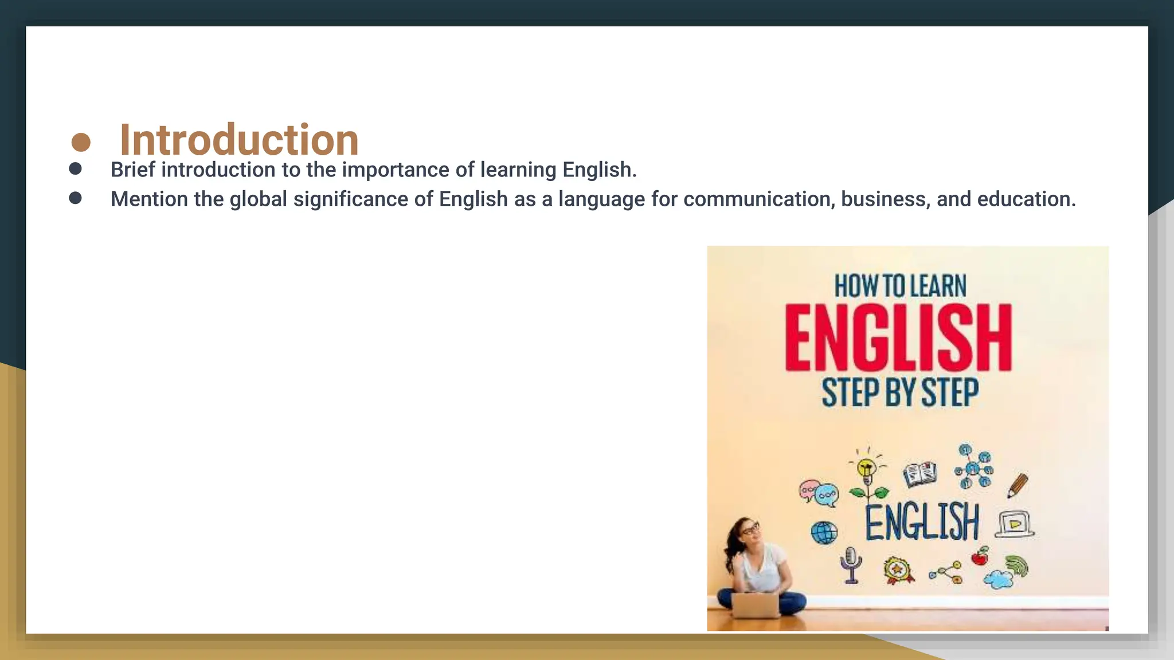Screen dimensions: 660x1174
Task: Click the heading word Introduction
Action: (239, 140)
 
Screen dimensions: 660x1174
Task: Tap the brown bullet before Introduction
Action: (81, 142)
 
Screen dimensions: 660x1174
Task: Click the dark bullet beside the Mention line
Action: (75, 198)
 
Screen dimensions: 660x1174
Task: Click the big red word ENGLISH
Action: (898, 338)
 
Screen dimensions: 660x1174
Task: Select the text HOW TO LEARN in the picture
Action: (900, 286)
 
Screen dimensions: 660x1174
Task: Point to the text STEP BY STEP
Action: (900, 392)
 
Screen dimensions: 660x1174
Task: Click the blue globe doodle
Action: (824, 533)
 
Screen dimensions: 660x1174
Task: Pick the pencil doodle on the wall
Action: (1018, 485)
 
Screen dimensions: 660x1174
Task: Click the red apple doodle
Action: (980, 556)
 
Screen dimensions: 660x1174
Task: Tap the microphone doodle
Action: (851, 563)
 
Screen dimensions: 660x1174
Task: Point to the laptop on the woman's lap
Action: (756, 605)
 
